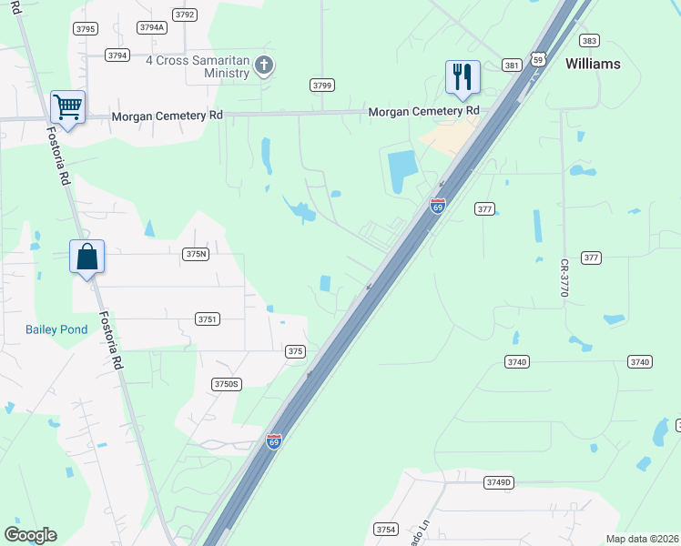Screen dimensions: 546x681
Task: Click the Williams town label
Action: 593,64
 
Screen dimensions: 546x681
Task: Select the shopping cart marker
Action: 68,106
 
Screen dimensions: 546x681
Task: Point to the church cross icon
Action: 264,64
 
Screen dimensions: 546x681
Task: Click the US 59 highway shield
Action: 538,59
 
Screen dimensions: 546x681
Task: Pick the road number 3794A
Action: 152,27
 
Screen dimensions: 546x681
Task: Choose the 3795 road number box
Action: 86,29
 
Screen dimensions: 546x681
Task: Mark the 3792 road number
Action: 185,15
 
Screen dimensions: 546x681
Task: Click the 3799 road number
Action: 321,85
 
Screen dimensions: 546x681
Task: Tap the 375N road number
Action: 196,255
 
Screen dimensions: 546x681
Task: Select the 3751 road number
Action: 208,318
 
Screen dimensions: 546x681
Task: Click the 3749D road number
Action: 499,482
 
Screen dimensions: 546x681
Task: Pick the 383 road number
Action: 589,41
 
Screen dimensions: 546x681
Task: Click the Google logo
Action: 30,535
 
